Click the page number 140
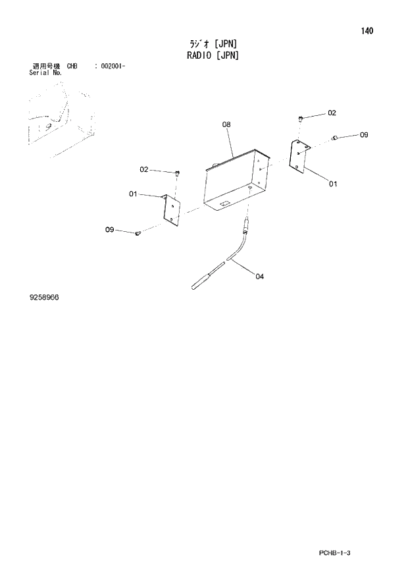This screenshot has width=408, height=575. click(x=367, y=30)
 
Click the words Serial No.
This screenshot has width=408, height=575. click(x=45, y=72)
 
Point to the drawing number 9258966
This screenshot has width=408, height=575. click(x=43, y=298)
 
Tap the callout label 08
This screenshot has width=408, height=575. click(x=226, y=124)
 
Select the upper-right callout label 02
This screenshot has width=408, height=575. click(x=332, y=113)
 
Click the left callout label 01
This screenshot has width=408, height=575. click(x=133, y=194)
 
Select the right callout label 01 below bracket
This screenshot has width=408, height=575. click(x=333, y=184)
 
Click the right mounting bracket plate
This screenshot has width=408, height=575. click(x=299, y=156)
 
